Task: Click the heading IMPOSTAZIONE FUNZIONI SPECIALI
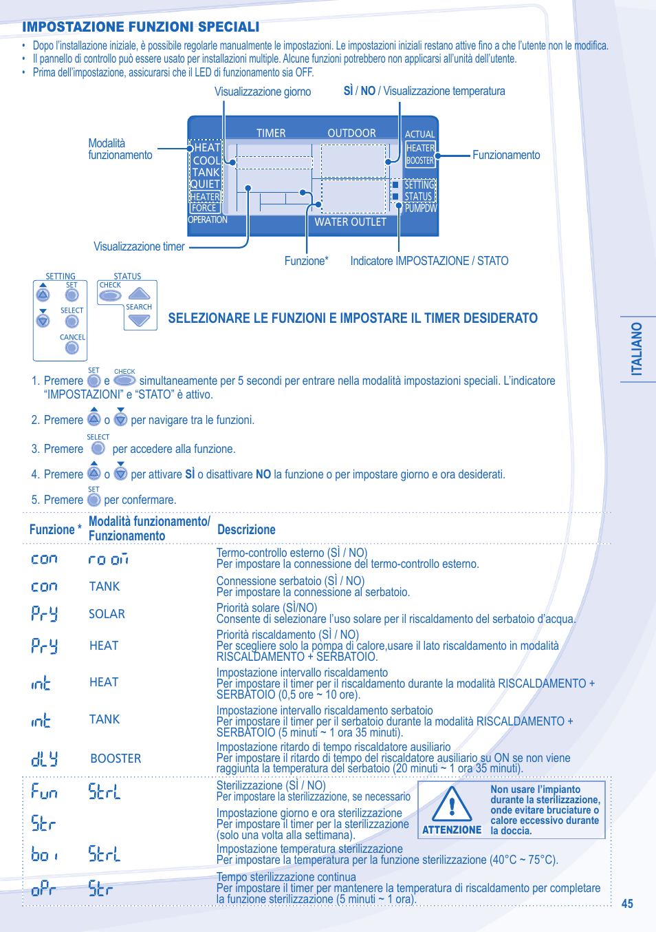(x=140, y=27)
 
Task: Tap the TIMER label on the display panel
(x=271, y=133)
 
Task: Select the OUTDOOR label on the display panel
(x=351, y=133)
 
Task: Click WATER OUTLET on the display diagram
(x=350, y=222)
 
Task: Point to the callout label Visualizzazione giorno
(x=262, y=92)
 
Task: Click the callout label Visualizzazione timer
(x=139, y=246)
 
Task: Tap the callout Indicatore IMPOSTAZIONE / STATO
(x=429, y=261)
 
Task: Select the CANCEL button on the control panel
(x=72, y=348)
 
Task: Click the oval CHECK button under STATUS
(x=110, y=296)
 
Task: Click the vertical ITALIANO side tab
(x=637, y=349)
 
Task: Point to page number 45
(x=627, y=904)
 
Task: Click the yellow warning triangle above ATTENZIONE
(x=452, y=804)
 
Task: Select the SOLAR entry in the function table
(x=107, y=614)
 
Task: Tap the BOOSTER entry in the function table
(x=116, y=759)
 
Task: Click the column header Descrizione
(x=246, y=529)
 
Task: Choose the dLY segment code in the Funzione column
(x=44, y=759)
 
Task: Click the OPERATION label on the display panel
(x=208, y=220)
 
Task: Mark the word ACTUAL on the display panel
(x=419, y=134)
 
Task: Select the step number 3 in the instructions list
(x=34, y=449)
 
